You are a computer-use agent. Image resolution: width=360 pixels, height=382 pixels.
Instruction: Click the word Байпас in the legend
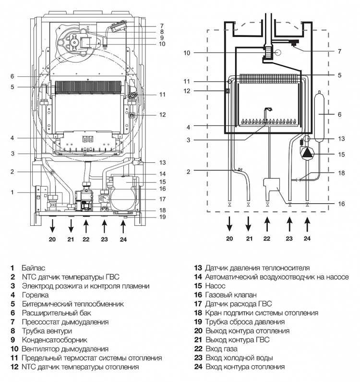coord(33,268)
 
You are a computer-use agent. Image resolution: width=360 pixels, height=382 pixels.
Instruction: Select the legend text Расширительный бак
coord(56,313)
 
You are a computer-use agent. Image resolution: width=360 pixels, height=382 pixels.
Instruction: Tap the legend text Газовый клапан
coord(231,295)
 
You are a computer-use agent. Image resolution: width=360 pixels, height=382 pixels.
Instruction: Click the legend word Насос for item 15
coord(215,286)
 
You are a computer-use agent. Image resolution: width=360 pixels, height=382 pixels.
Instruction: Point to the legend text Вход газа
coord(221,349)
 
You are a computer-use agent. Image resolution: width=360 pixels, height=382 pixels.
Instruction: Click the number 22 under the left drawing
coord(86,239)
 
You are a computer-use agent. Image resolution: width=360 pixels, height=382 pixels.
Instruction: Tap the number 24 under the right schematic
coord(307,238)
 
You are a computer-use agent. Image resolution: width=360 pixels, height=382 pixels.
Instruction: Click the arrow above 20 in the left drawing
coord(52,226)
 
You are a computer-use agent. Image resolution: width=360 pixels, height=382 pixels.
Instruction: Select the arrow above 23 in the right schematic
coord(289,224)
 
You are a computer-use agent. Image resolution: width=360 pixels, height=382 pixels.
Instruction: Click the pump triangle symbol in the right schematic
coord(307,153)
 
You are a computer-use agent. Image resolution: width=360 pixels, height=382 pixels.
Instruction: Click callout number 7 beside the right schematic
coord(339,51)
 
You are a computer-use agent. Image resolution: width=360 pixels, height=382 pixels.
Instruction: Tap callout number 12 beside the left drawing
coord(162,114)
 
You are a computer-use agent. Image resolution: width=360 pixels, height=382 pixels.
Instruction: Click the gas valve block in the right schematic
coord(271,186)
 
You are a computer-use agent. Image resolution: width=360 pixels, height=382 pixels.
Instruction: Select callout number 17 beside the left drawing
coord(162,199)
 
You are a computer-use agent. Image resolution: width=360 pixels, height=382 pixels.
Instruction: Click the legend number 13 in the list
coord(198,268)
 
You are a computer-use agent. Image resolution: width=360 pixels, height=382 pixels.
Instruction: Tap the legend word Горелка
coord(36,295)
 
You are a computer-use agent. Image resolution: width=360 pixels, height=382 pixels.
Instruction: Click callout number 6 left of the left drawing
coord(12,76)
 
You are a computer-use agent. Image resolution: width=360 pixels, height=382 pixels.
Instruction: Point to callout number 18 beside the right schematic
coord(341,173)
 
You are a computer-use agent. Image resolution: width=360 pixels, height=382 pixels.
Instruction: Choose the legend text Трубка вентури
coord(47,331)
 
